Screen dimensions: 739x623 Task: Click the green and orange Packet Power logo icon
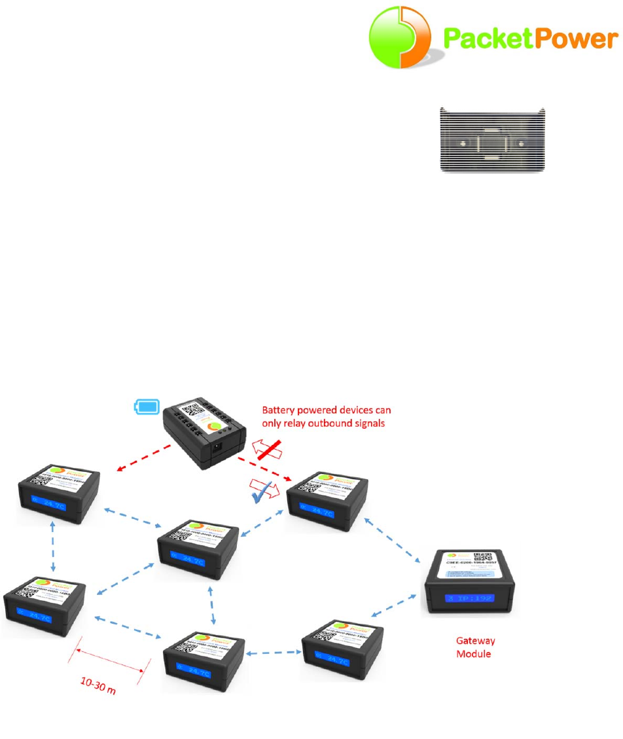pos(400,37)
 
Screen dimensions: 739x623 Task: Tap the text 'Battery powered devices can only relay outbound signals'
pos(326,416)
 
